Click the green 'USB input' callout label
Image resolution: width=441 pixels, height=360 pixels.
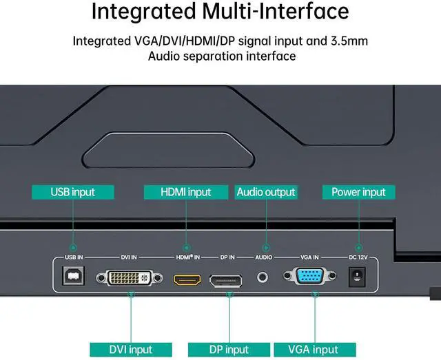click(72, 192)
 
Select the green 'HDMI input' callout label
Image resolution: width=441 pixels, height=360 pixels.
click(185, 192)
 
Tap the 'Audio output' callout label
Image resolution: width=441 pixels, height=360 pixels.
click(265, 192)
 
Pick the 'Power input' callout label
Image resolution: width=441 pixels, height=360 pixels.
click(358, 192)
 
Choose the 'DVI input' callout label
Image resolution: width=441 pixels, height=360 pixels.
click(130, 350)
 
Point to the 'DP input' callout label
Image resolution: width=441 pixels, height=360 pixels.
click(228, 350)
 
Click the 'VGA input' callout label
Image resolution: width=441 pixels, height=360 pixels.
click(315, 350)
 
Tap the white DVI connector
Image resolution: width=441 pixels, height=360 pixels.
click(131, 277)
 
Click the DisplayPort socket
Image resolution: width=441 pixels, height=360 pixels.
click(226, 279)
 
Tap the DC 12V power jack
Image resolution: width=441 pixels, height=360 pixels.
click(357, 277)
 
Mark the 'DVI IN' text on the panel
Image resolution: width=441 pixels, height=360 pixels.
click(129, 257)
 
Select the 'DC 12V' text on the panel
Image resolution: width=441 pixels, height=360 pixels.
click(358, 257)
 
